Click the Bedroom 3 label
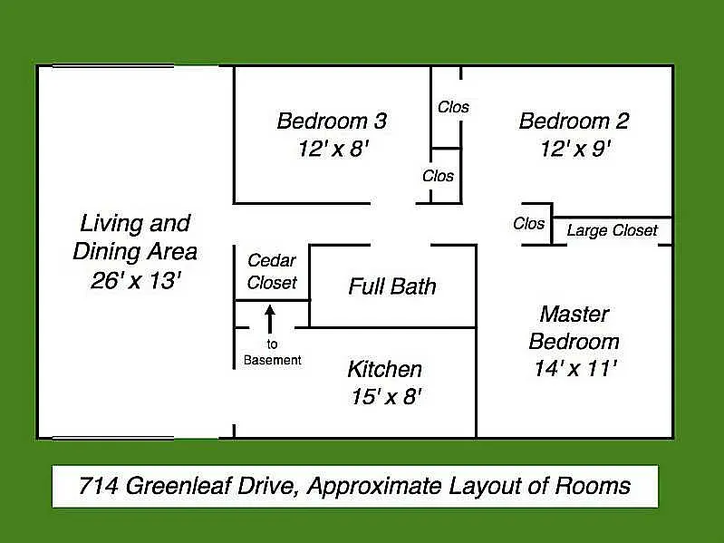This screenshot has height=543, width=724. (x=332, y=121)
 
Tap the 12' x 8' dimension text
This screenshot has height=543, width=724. (x=333, y=149)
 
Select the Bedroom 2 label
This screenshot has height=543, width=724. (x=574, y=121)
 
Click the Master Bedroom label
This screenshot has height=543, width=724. (x=574, y=328)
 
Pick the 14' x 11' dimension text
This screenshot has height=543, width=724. (x=575, y=368)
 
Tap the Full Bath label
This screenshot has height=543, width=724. (x=392, y=287)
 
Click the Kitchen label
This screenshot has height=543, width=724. (x=384, y=369)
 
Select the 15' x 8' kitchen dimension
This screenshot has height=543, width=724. (x=386, y=397)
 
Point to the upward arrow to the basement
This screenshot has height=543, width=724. (x=269, y=318)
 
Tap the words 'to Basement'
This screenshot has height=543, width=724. (x=272, y=352)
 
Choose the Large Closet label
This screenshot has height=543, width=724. (x=612, y=230)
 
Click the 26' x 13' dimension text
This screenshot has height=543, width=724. (x=136, y=280)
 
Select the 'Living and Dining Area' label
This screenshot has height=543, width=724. (x=135, y=237)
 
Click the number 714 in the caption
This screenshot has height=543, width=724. (x=97, y=486)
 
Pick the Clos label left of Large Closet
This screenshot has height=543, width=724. (x=529, y=223)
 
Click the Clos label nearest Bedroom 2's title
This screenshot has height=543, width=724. (x=453, y=107)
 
